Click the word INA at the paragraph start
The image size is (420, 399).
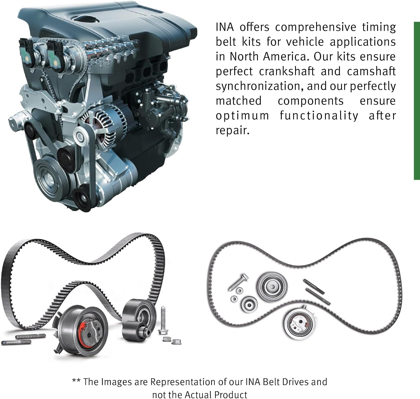[x=225, y=27]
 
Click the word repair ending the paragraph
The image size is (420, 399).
[x=232, y=131]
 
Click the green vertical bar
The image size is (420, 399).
[x=417, y=101]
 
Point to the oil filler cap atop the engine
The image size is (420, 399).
[x=86, y=18]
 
